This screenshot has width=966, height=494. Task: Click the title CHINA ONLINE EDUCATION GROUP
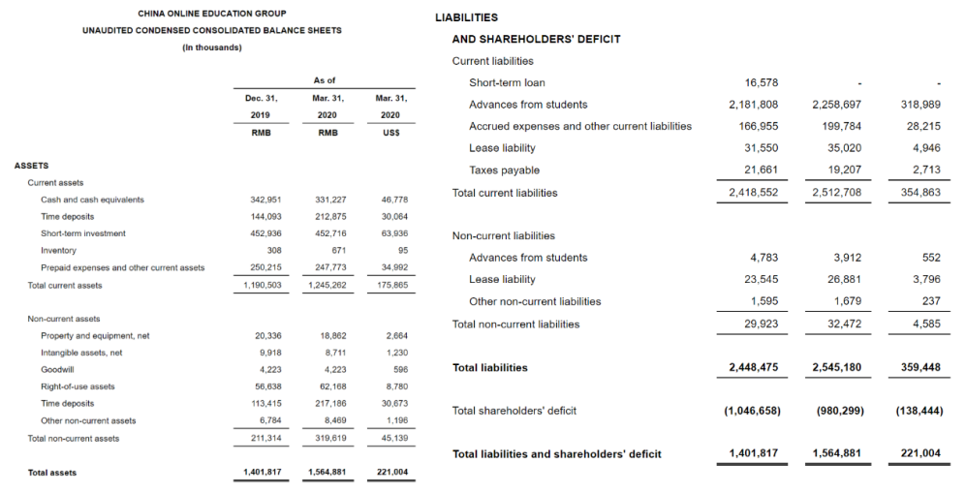coord(211,14)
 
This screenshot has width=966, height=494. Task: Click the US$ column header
coord(390,132)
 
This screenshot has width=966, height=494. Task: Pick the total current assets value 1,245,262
coord(327,285)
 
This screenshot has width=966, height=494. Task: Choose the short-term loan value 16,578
coord(761,82)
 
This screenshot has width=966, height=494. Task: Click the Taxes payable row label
coord(504,170)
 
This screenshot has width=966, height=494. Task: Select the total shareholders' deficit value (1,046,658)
coord(752,411)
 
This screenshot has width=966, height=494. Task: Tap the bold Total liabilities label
coord(490,368)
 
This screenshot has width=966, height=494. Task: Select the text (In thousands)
coord(211,47)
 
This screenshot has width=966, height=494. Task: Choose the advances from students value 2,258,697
coord(837,105)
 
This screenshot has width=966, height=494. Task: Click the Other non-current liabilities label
coord(535,301)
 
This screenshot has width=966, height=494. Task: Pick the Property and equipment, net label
coord(95,335)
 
